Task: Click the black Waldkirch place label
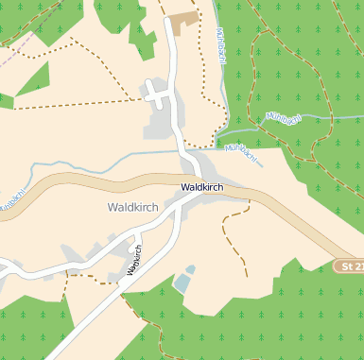[x=202, y=188]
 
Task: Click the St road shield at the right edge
[x=351, y=267]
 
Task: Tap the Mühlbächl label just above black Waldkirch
[x=241, y=152]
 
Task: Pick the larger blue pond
[x=181, y=283]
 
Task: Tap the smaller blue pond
[x=190, y=270]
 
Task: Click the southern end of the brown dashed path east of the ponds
[x=246, y=275]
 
